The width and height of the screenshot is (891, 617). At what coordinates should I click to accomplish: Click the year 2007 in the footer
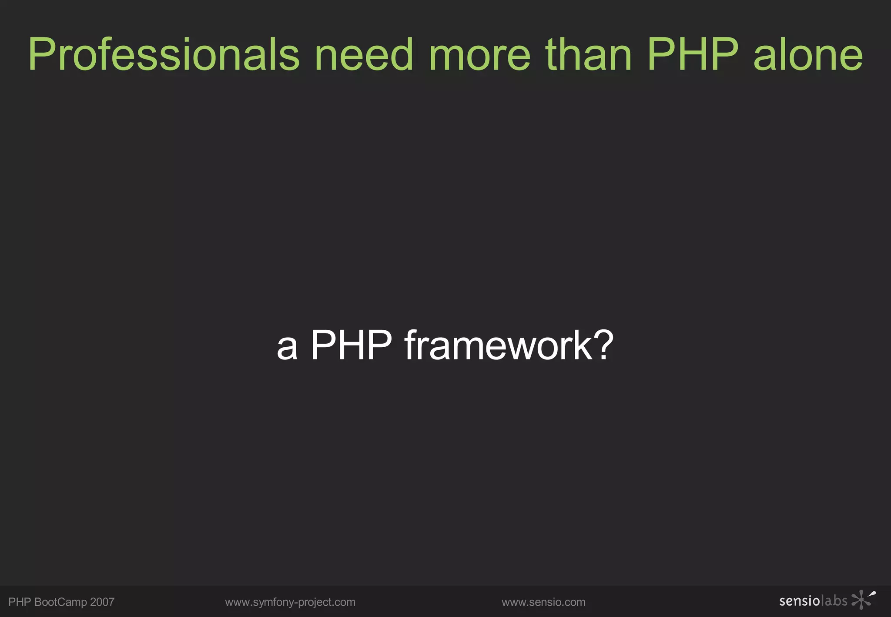point(102,602)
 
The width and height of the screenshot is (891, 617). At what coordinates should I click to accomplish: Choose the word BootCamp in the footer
point(60,602)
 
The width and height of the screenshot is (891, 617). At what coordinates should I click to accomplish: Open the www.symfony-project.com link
point(290,602)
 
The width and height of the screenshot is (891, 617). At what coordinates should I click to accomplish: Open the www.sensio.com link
point(543,602)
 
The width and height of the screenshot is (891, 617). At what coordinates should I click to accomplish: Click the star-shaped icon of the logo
point(861,600)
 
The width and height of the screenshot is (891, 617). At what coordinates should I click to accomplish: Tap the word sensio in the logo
point(799,601)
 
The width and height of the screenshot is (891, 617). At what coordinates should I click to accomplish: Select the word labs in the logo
point(834,601)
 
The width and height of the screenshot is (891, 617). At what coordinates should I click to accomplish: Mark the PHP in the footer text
point(20,602)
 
